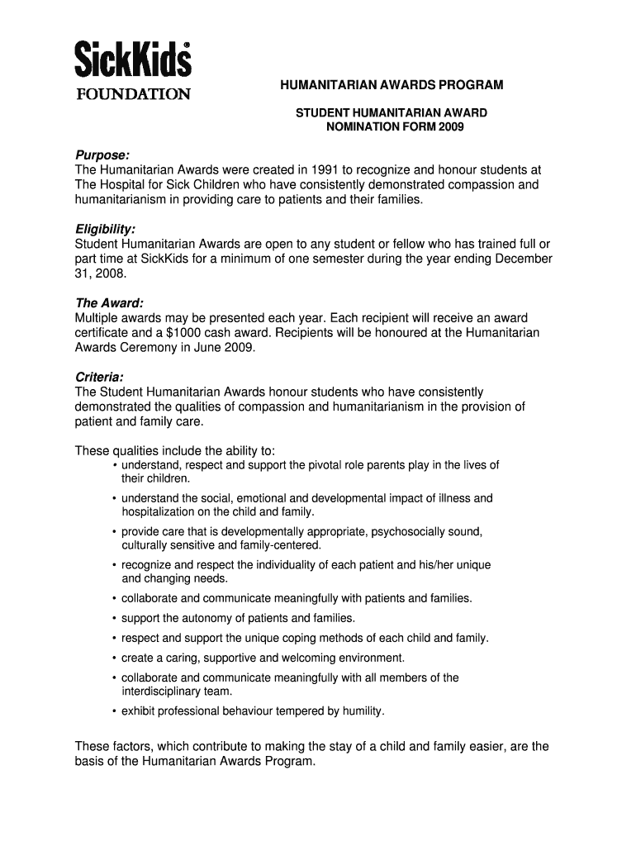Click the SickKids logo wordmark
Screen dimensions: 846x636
coord(133,59)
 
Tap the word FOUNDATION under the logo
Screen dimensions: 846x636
coord(133,93)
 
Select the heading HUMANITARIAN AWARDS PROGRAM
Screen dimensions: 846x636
coord(390,85)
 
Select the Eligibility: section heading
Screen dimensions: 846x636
coord(105,228)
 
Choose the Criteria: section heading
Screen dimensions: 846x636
coord(99,377)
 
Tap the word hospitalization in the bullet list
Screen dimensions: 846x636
coord(162,511)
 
